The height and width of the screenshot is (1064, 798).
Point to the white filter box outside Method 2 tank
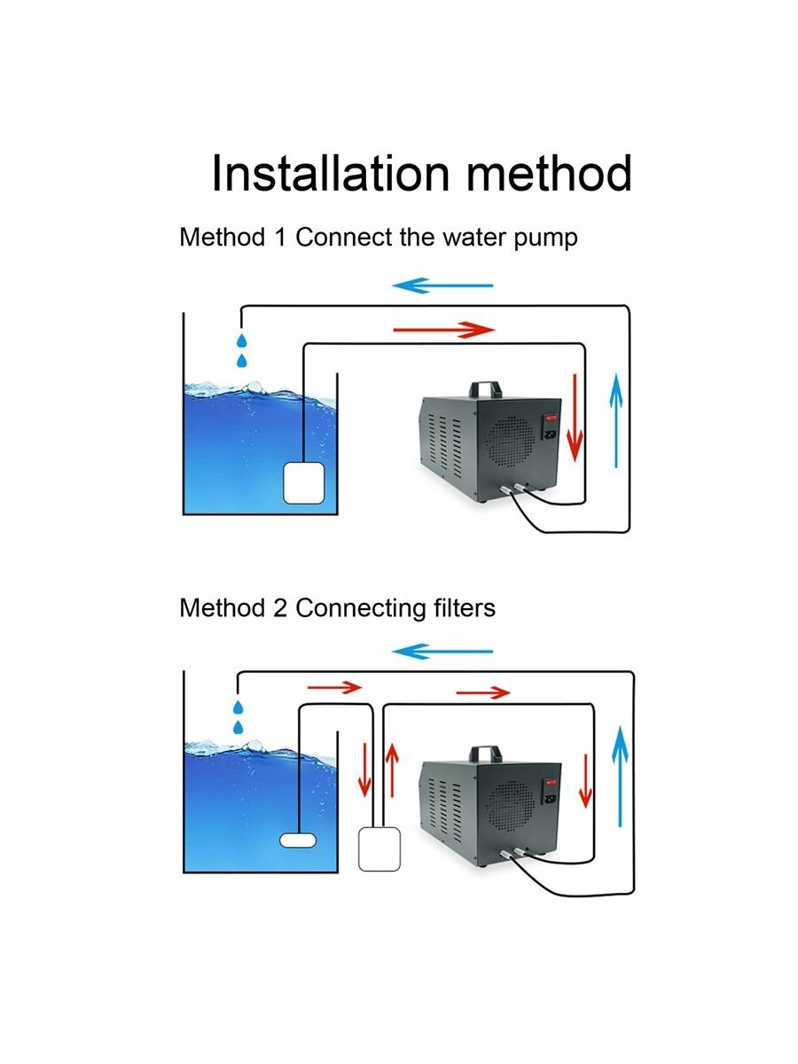380,849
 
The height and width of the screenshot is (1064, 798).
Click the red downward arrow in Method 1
575,417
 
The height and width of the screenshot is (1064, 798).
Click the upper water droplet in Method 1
240,340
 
